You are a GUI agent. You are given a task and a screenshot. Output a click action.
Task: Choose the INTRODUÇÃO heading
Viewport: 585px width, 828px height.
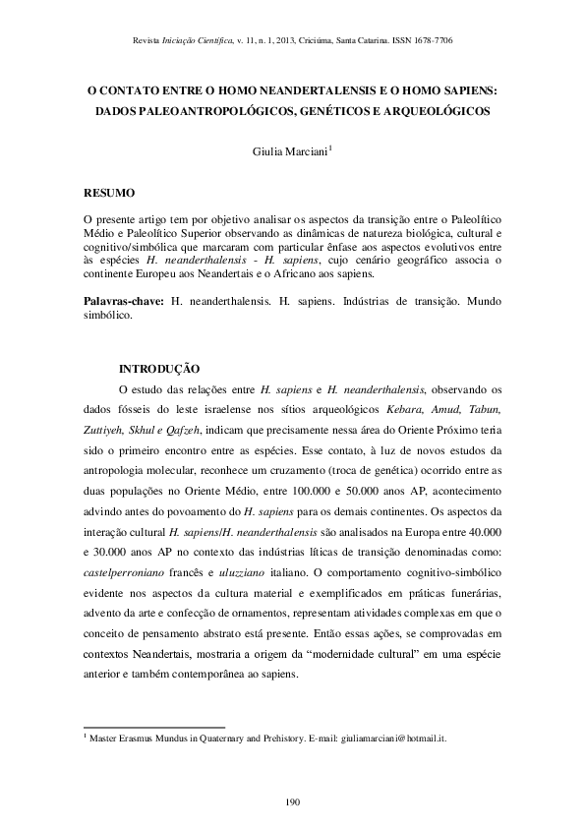159,369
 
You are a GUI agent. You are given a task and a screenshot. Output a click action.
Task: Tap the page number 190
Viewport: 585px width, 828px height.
292,802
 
